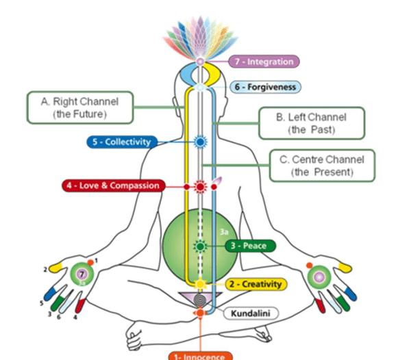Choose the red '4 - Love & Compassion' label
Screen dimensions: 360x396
[x=119, y=185]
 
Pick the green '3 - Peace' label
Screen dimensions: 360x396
[x=249, y=246]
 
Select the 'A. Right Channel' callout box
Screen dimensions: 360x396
[x=75, y=108]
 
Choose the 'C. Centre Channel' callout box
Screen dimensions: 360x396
[x=322, y=166]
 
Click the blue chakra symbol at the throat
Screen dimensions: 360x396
[x=200, y=142]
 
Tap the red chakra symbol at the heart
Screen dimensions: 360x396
[x=200, y=185]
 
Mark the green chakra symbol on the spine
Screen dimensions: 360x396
[x=200, y=246]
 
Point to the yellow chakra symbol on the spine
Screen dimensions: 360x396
[x=200, y=284]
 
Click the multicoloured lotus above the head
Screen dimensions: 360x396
[x=199, y=38]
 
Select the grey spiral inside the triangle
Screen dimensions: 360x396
[x=199, y=299]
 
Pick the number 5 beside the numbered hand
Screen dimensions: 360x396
[x=41, y=302]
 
